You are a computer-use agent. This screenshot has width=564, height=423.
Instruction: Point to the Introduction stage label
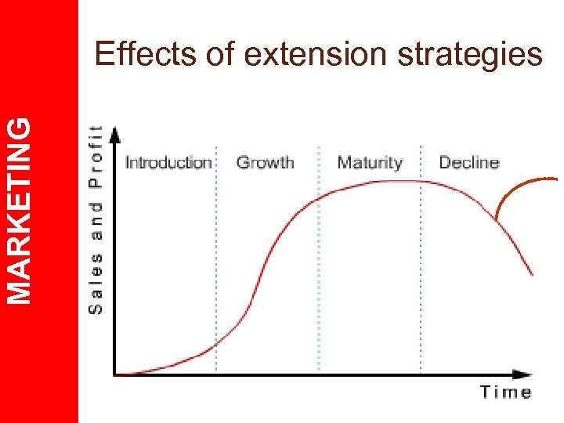click(168, 163)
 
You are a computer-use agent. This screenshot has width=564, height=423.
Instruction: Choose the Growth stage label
click(265, 163)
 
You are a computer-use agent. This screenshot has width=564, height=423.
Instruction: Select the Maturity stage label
click(369, 163)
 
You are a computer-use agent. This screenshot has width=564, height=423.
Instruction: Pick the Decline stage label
click(468, 163)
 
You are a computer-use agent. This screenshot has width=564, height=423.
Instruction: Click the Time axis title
click(505, 392)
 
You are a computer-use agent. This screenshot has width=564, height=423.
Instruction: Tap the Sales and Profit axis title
click(96, 219)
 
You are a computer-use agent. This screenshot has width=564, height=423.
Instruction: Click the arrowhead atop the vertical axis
click(115, 133)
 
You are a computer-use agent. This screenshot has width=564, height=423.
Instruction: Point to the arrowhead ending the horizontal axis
click(522, 374)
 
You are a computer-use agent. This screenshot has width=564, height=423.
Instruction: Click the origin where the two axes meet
click(115, 374)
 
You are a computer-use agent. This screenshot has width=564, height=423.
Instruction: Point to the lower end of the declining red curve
click(533, 275)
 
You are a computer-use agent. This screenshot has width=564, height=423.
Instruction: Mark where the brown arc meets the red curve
click(496, 219)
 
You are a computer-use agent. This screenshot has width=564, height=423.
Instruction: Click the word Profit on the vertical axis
click(96, 157)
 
